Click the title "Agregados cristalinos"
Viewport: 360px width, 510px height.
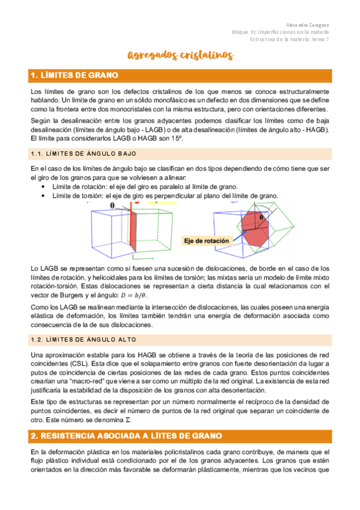click(x=180, y=56)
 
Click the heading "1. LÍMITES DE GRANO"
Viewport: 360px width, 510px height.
click(x=78, y=75)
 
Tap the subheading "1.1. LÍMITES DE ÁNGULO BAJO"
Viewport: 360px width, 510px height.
click(x=84, y=154)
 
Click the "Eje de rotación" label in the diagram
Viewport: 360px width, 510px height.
click(x=207, y=241)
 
